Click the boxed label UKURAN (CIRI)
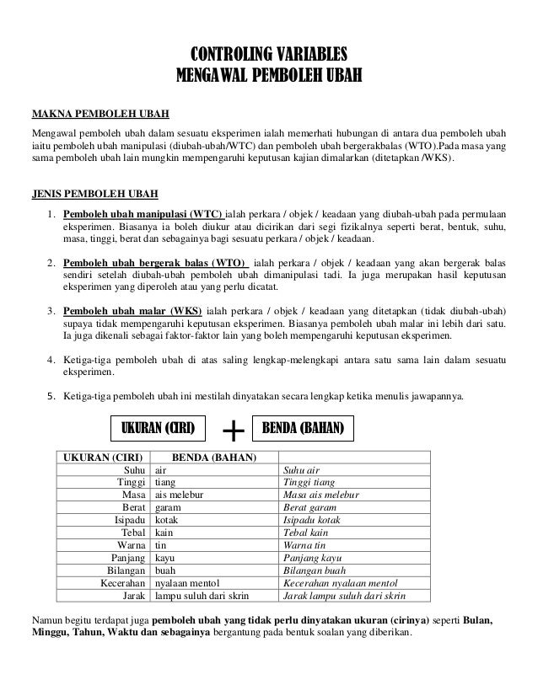(159, 428)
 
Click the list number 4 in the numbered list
(52, 361)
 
